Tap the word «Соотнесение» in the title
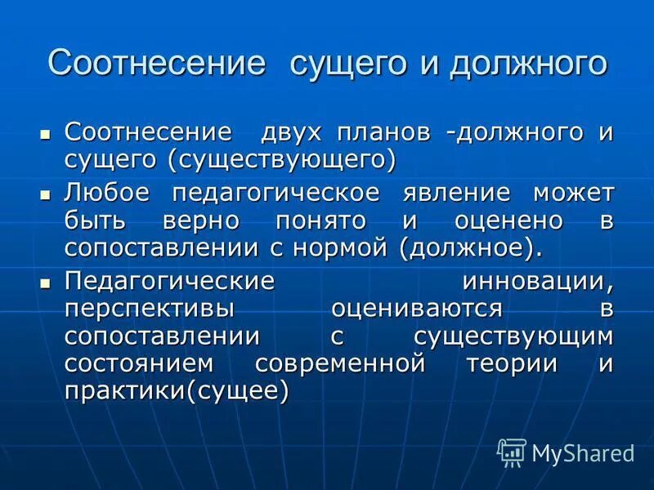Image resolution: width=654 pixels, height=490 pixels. click(x=157, y=64)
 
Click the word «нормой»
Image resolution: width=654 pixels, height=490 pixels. click(x=349, y=247)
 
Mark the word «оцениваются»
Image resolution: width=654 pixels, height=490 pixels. click(x=428, y=309)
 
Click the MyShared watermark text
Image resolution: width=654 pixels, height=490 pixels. click(x=583, y=453)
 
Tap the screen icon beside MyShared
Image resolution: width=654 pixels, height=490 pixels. click(x=512, y=452)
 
